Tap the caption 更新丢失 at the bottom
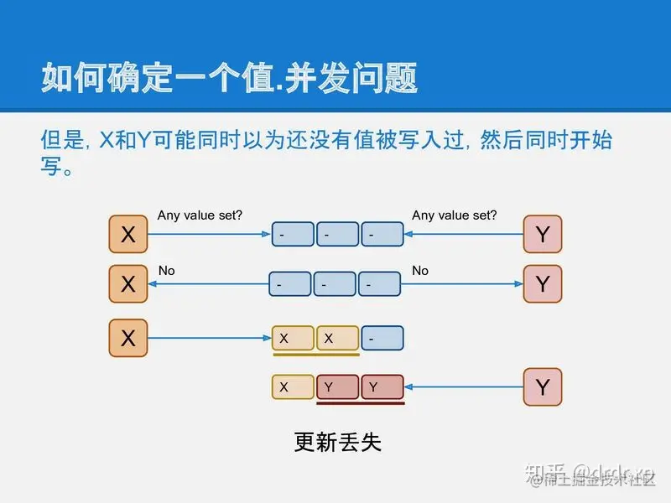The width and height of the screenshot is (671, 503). [x=338, y=442]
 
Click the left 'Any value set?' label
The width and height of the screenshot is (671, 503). [x=200, y=215]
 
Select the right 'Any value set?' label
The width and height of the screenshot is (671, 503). [x=454, y=215]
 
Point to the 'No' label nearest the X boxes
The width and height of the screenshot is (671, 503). [x=166, y=271]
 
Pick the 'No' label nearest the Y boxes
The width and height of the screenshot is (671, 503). [x=420, y=271]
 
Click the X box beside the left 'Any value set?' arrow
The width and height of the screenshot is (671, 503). [x=128, y=235]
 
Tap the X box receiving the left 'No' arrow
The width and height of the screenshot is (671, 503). [x=128, y=284]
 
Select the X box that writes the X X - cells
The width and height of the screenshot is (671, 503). [x=128, y=339]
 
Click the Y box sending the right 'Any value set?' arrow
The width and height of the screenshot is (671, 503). [x=543, y=235]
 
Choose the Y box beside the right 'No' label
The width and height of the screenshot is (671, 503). [x=543, y=284]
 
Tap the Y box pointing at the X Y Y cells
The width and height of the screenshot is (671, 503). [x=543, y=387]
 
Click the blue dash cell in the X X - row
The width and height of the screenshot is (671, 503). [x=382, y=339]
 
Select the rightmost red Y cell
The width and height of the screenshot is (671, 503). [x=382, y=387]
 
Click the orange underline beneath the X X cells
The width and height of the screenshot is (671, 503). [x=315, y=355]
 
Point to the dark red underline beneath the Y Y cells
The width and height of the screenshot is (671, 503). [x=361, y=403]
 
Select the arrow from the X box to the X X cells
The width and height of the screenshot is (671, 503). [x=210, y=339]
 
